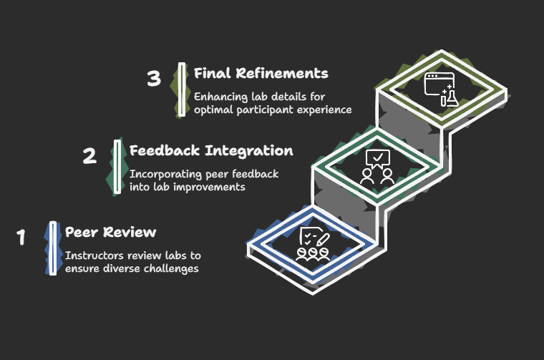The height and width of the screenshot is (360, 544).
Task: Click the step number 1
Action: pyautogui.click(x=21, y=237)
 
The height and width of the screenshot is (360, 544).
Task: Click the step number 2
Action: pyautogui.click(x=89, y=156)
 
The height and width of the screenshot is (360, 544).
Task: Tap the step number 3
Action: pyautogui.click(x=154, y=78)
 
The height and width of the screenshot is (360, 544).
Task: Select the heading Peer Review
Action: pyautogui.click(x=110, y=232)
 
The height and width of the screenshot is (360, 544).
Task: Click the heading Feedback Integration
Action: pyautogui.click(x=211, y=151)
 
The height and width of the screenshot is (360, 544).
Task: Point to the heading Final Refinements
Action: pyautogui.click(x=261, y=73)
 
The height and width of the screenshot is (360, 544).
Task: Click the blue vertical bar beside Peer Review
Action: pyautogui.click(x=52, y=248)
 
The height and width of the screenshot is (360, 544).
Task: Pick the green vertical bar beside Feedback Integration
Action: pyautogui.click(x=117, y=167)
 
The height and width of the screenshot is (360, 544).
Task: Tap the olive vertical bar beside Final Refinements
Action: pyautogui.click(x=181, y=89)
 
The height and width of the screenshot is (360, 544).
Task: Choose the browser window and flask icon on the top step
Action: pyautogui.click(x=441, y=89)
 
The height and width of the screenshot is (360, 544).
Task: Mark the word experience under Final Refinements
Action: pyautogui.click(x=325, y=110)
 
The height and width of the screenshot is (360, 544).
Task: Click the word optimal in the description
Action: pyautogui.click(x=213, y=110)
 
